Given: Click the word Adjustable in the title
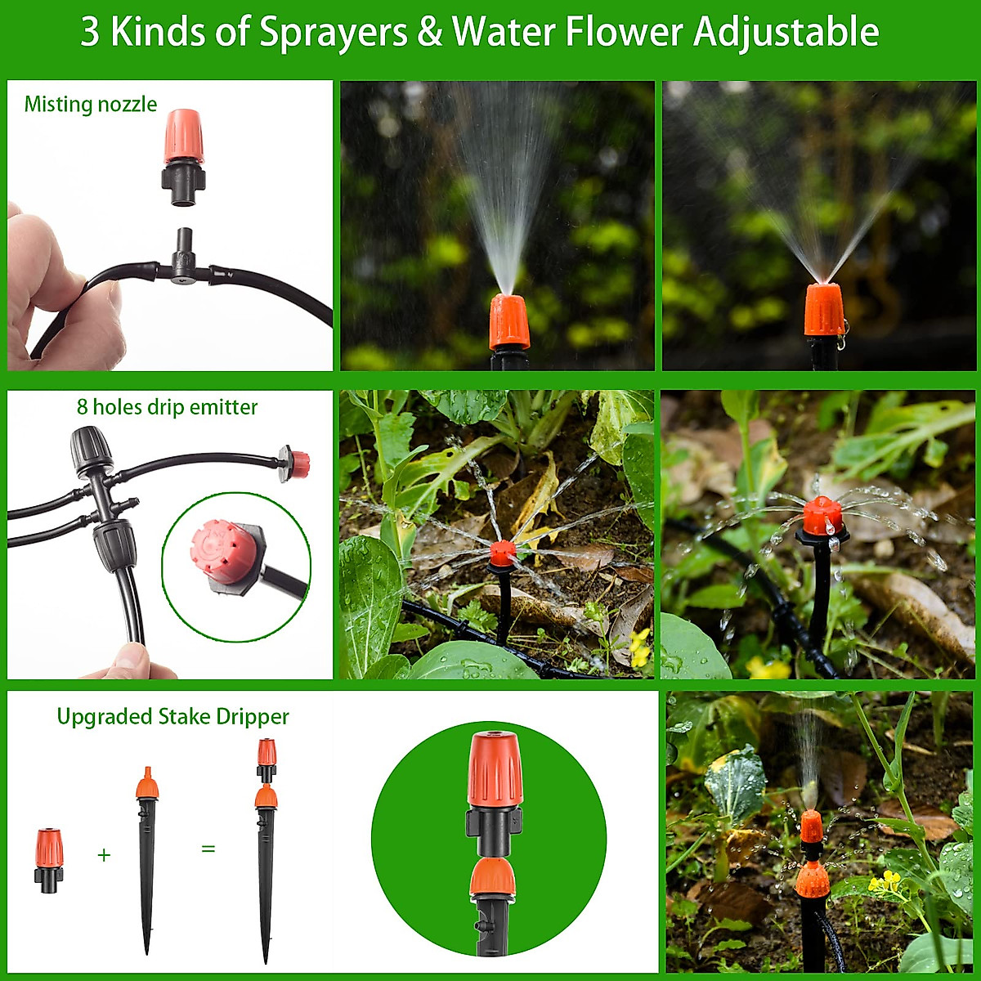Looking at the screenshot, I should [786, 33].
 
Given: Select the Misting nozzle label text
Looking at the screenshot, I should [90, 105].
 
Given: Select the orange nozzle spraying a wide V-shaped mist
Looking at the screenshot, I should [823, 311].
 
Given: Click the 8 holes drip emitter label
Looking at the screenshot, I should [167, 407].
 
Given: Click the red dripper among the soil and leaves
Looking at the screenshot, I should [501, 553].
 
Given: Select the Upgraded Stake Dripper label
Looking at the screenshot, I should [172, 717].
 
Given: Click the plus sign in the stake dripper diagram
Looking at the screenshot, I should [104, 855].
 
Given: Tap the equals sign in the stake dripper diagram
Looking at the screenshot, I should [208, 849].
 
